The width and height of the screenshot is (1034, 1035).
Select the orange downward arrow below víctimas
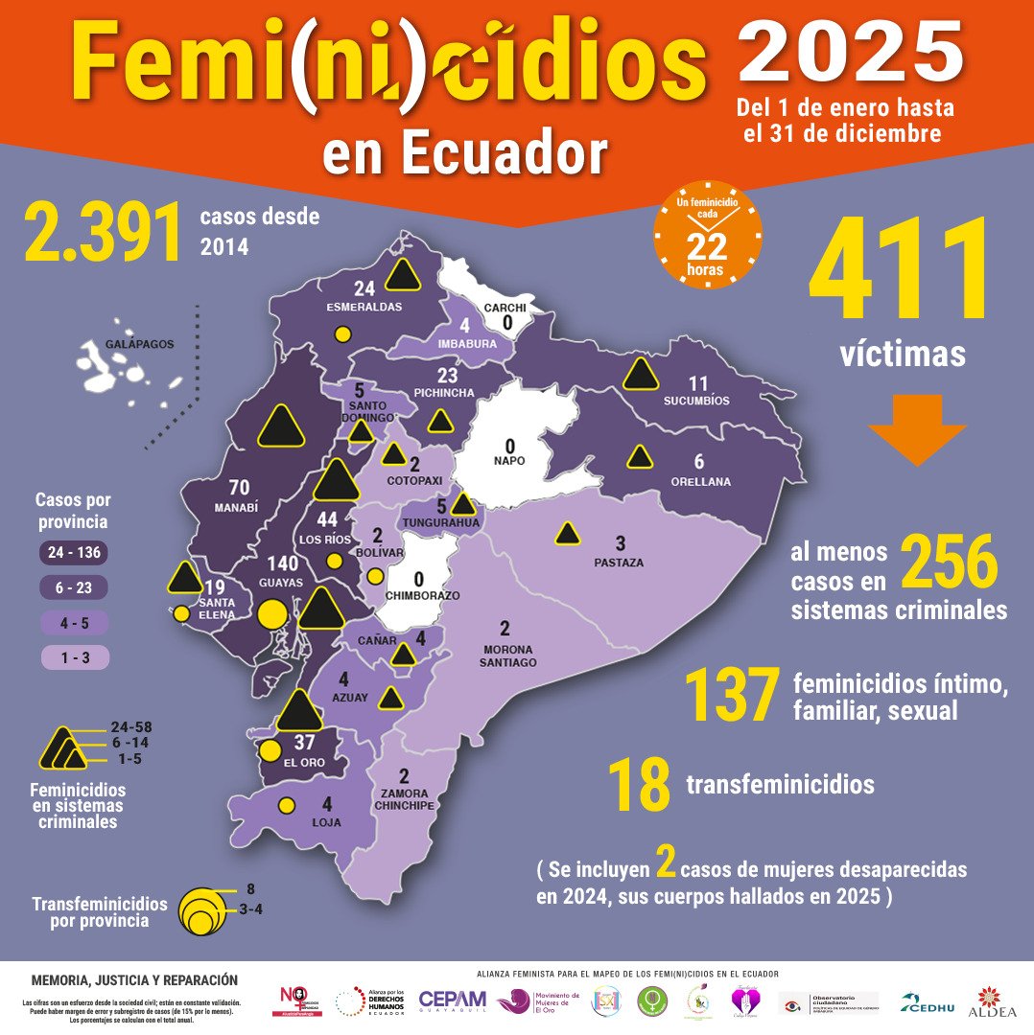pos(917,432)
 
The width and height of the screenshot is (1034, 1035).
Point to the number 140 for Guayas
pos(282,563)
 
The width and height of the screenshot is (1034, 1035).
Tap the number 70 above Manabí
pos(239,487)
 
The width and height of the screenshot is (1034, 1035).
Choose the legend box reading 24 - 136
pos(74,552)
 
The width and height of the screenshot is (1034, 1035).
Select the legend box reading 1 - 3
pos(74,657)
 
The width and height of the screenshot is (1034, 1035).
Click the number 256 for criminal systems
pos(950,563)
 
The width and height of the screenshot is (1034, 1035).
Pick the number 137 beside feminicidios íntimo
pos(731,696)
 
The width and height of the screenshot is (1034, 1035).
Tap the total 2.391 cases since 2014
pos(104,232)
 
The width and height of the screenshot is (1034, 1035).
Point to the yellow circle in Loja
pos(286,806)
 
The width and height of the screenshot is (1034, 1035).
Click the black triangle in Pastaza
pos(568,534)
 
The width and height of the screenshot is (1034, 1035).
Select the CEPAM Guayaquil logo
pos(452,1000)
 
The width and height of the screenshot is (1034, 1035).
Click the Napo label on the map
pos(510,461)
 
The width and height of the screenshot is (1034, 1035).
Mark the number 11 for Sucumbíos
pos(698,384)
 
